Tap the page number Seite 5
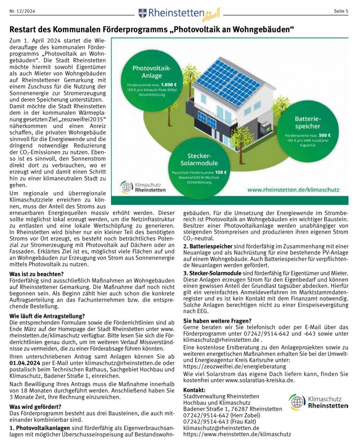pyautogui.click(x=341, y=11)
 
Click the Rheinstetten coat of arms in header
pyautogui.click(x=142, y=13)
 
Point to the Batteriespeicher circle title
pyautogui.click(x=307, y=123)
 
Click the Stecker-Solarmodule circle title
pyautogui.click(x=199, y=159)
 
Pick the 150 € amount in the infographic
pyautogui.click(x=219, y=173)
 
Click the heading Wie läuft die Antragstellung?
pyautogui.click(x=47, y=315)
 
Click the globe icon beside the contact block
pyautogui.click(x=297, y=402)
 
